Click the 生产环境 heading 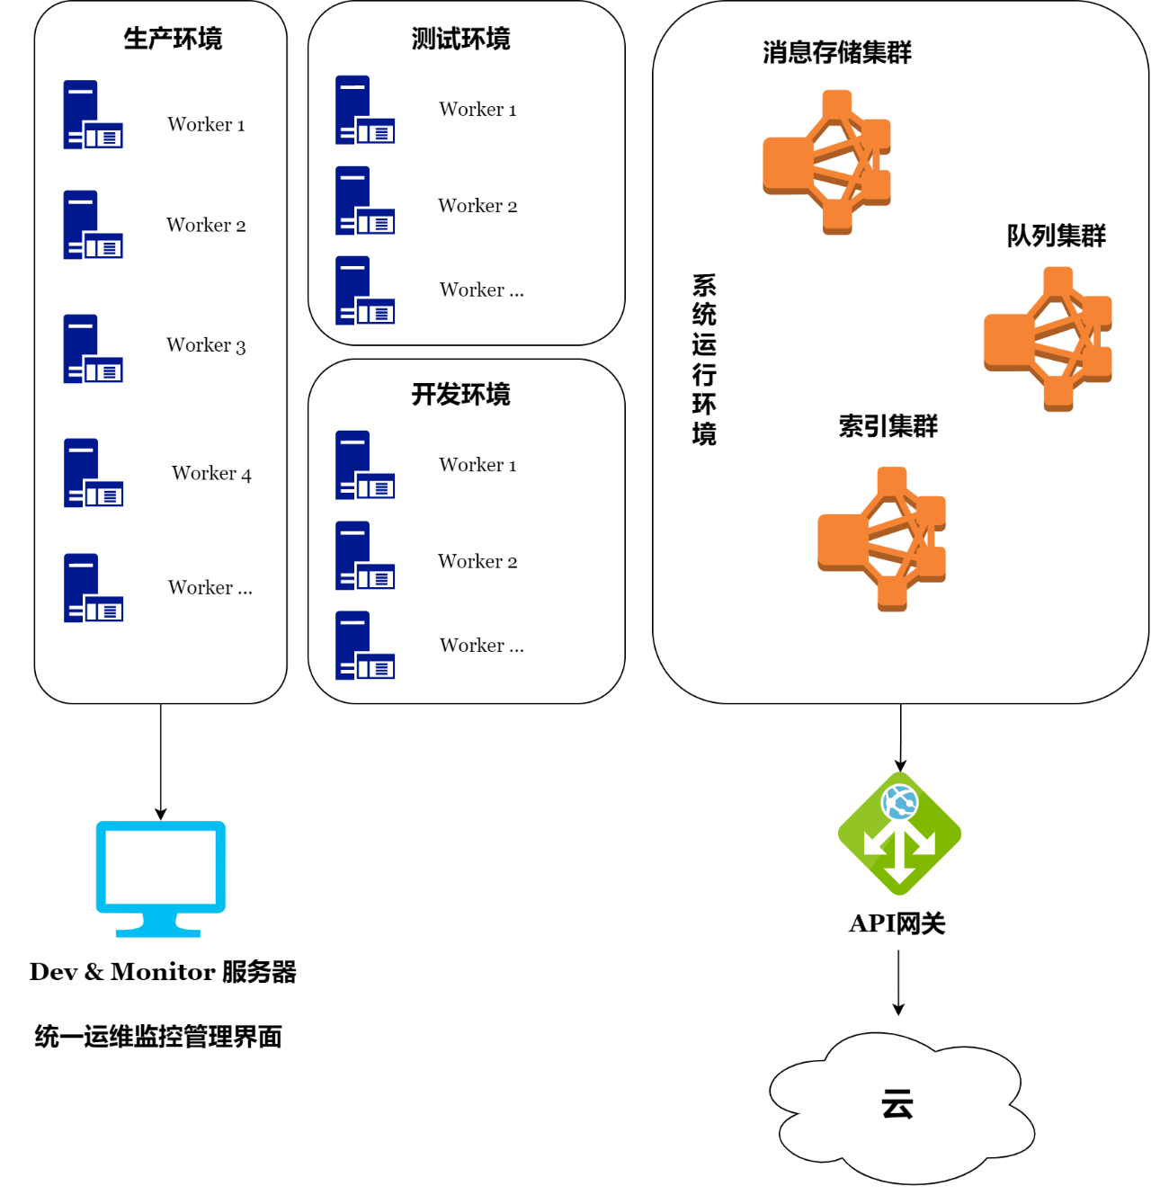173,39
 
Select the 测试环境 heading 460,39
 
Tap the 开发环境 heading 460,394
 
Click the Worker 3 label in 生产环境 206,345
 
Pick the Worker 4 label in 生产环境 211,473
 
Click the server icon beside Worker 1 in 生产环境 93,115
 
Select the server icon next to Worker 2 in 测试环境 364,201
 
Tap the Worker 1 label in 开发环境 477,465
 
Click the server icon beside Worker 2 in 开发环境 364,556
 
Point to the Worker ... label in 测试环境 481,290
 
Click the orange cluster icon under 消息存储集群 827,162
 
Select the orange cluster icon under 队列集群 1048,339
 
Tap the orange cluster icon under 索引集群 882,539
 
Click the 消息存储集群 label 836,53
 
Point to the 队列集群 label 1056,236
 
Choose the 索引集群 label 888,425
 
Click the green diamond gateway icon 899,834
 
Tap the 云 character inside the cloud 897,1103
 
